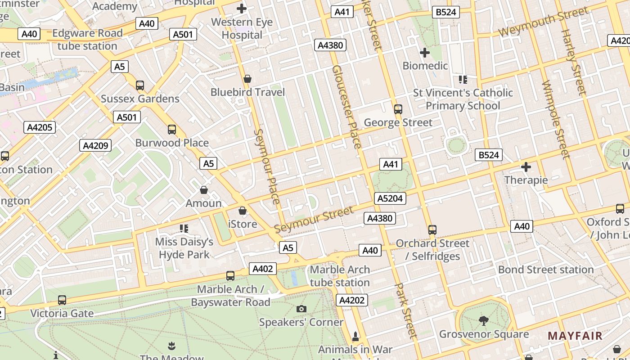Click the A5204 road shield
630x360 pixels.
click(390, 198)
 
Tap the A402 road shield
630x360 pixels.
click(263, 269)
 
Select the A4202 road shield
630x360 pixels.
click(351, 300)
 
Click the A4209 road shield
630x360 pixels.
click(95, 145)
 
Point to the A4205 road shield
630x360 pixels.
click(40, 127)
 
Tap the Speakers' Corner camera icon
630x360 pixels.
click(301, 309)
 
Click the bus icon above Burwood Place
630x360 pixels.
click(172, 130)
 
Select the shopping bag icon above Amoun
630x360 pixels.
click(204, 190)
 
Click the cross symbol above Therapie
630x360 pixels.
click(526, 167)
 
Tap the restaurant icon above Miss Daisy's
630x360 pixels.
click(184, 229)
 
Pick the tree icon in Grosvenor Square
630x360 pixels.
click(484, 321)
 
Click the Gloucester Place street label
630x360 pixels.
click(346, 107)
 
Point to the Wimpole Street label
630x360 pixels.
click(556, 120)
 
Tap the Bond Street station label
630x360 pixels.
click(546, 270)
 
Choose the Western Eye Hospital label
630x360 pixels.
click(242, 28)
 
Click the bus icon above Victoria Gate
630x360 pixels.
click(62, 300)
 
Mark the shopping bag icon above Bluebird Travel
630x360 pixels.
click(247, 79)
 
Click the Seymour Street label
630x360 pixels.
click(314, 220)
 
